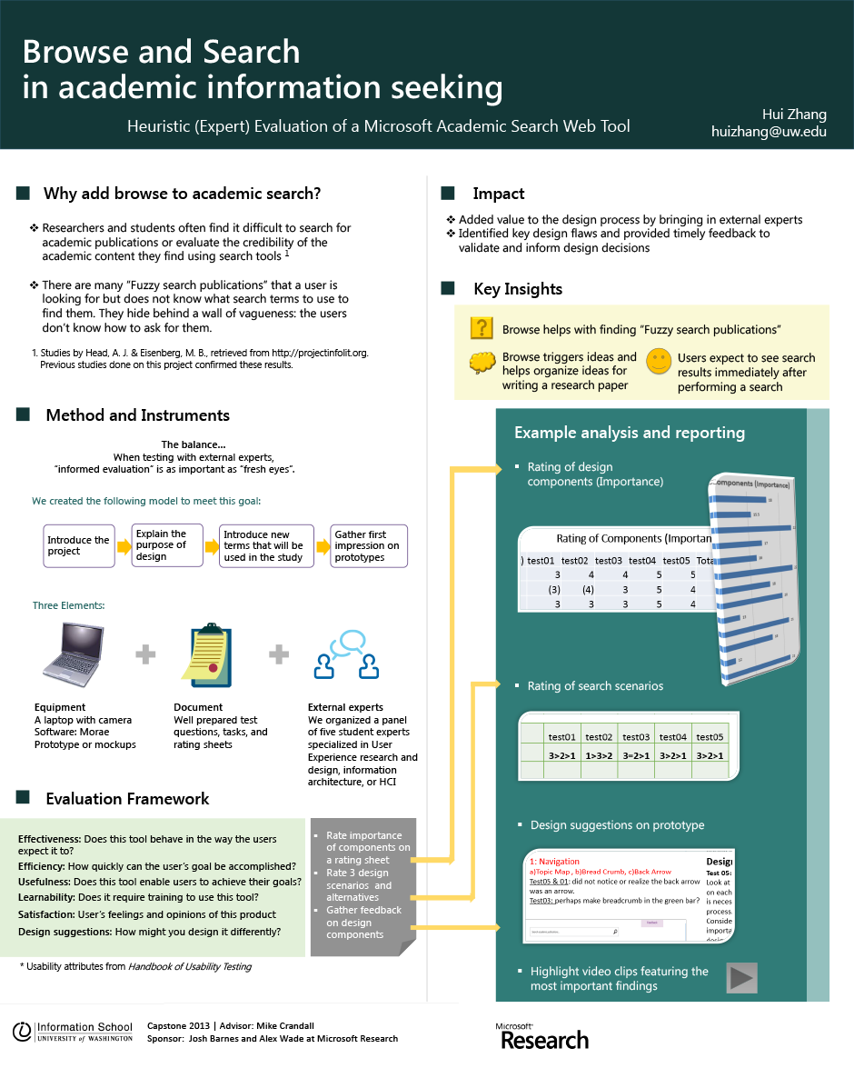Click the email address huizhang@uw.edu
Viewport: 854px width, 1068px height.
click(769, 132)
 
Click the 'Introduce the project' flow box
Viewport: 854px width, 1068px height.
click(79, 545)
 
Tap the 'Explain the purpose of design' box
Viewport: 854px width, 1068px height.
click(166, 545)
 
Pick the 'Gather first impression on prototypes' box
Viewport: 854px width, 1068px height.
click(368, 545)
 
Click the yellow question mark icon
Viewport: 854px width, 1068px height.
click(482, 329)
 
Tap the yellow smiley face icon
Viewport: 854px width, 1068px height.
click(659, 362)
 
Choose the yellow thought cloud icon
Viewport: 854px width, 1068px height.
click(482, 364)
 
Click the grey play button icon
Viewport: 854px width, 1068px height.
click(741, 978)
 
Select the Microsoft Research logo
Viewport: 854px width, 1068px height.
click(541, 1035)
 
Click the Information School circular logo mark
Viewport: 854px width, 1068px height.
click(22, 1032)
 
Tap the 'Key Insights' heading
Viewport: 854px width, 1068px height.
click(518, 289)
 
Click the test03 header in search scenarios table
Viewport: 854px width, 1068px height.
click(636, 737)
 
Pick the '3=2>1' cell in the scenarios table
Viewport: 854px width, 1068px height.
click(636, 755)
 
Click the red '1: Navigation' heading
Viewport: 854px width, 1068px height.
click(554, 861)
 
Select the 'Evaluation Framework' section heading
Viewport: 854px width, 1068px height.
click(127, 799)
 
